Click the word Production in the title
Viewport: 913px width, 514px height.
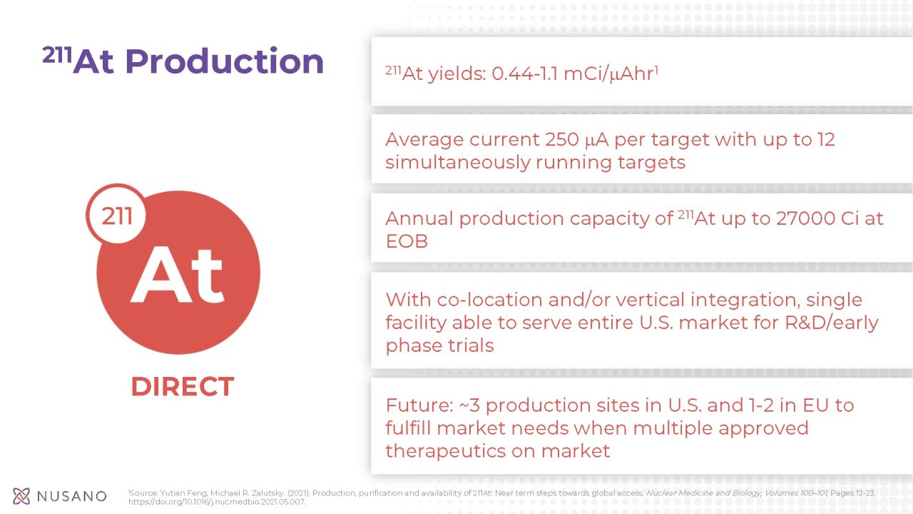coord(224,61)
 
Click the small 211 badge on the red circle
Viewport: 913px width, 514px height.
coord(116,215)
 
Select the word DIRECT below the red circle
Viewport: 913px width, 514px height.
coord(182,387)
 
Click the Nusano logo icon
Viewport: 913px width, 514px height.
coord(21,496)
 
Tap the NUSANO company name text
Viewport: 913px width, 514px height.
coord(72,496)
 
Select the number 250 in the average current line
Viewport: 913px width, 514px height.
coord(566,139)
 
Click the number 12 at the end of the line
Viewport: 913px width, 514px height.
coord(826,139)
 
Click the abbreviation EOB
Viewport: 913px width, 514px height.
coord(407,241)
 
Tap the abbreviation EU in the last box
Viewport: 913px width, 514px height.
coord(814,405)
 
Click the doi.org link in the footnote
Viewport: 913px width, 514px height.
coord(217,502)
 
